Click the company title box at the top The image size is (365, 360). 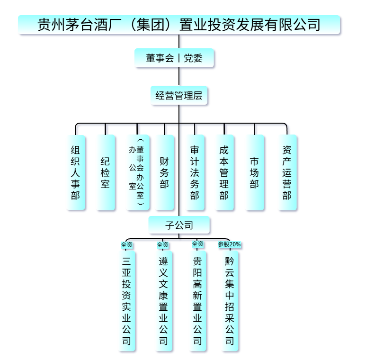[x=179, y=25]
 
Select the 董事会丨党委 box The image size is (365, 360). [x=175, y=59]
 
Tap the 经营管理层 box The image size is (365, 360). [x=178, y=95]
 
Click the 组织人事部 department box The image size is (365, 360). [x=75, y=172]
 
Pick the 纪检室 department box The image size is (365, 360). [x=105, y=172]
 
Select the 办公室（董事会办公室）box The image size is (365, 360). [x=137, y=172]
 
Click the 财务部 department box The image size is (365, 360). [x=164, y=172]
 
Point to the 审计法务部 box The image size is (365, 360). [x=195, y=172]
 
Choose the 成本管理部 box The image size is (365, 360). [x=224, y=172]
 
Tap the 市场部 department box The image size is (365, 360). [x=254, y=172]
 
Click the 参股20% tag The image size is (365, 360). [x=230, y=244]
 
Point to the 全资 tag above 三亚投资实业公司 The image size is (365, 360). [x=126, y=244]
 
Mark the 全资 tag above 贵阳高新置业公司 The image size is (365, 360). [x=198, y=244]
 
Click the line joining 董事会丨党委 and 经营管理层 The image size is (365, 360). [x=178, y=77]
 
